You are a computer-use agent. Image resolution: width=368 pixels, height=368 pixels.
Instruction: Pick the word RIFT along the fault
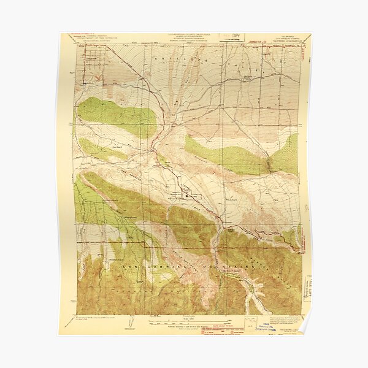(195, 207)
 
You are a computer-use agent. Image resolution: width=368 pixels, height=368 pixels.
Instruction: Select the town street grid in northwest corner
(92, 64)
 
